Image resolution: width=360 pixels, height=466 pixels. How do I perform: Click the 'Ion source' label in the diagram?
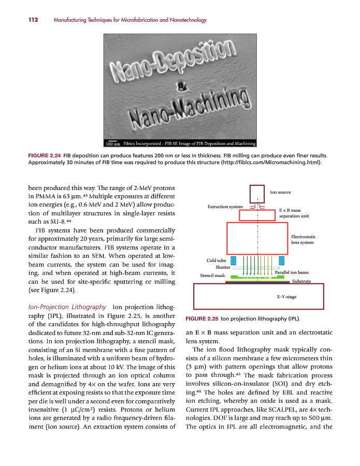coord(280,193)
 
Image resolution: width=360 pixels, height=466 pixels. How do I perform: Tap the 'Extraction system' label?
coord(225,207)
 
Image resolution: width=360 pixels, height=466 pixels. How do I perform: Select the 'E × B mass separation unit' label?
coord(290,213)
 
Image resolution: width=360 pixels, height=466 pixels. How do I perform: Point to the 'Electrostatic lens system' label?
coord(303,239)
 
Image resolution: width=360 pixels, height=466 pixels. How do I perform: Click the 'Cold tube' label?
coord(216,260)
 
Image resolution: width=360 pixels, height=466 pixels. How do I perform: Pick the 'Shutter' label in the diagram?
coord(222,267)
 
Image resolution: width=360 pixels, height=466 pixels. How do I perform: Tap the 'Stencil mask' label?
coord(212,276)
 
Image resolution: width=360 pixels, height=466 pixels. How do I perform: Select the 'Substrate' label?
coord(301,281)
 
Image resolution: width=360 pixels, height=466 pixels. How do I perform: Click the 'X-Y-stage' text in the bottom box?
coord(286,297)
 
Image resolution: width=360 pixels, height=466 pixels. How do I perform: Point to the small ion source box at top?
coord(257,193)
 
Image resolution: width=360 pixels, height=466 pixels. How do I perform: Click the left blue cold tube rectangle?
coord(233,260)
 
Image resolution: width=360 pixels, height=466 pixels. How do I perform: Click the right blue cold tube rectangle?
coord(282,260)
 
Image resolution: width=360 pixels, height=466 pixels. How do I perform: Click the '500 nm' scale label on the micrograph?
coord(112,143)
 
